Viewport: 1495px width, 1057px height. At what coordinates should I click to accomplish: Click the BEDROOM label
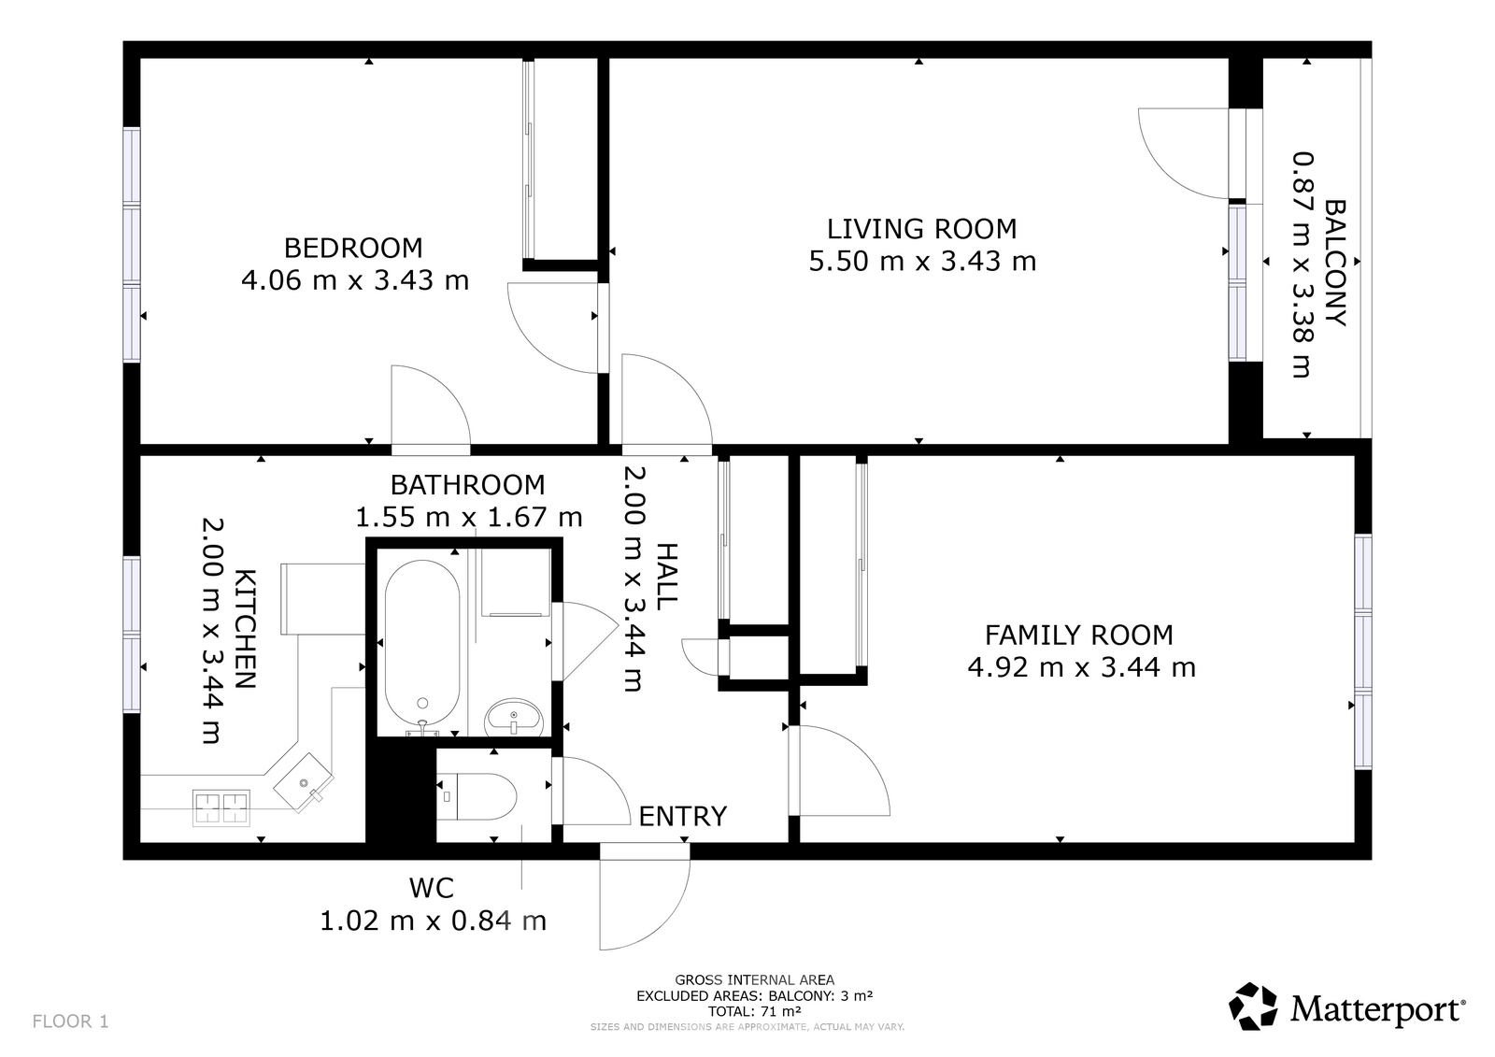353,248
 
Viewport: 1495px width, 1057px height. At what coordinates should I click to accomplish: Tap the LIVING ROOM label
921,229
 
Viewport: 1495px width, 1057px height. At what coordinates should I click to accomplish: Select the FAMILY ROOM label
1079,635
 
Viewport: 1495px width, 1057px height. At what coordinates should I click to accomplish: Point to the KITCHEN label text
244,629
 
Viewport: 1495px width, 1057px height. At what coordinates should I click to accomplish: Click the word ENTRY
683,816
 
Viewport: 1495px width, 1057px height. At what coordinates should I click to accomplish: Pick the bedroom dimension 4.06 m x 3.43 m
355,279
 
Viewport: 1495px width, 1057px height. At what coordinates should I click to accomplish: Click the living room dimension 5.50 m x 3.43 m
922,261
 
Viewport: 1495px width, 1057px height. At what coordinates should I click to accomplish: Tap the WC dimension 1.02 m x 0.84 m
434,921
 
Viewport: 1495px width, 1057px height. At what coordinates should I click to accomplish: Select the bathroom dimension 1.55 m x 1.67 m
468,517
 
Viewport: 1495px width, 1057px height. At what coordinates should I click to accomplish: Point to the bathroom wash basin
514,717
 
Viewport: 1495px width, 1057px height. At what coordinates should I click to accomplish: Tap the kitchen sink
303,782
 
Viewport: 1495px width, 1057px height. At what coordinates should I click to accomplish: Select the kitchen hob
221,808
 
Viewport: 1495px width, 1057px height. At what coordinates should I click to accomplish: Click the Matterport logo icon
1253,1006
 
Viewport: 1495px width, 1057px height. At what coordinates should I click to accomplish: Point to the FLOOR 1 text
70,1021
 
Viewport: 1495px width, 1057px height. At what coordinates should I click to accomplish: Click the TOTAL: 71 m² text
755,1011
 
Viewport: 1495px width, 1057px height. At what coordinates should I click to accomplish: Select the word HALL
667,577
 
